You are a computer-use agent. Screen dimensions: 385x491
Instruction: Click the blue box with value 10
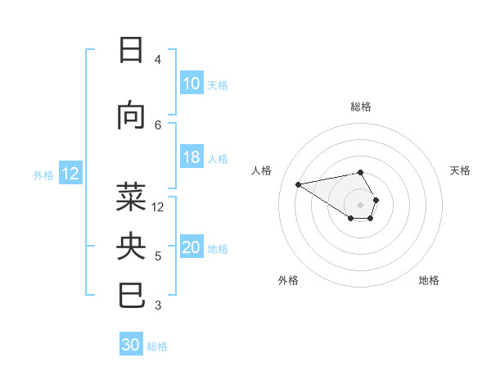click(x=191, y=84)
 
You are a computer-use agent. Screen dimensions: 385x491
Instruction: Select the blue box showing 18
click(x=191, y=157)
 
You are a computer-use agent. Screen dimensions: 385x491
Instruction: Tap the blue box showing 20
click(x=191, y=248)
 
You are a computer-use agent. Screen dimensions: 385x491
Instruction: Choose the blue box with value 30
click(x=131, y=346)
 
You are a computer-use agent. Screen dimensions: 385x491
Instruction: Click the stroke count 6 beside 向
click(x=158, y=125)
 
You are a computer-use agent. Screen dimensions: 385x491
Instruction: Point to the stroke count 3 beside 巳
click(x=158, y=306)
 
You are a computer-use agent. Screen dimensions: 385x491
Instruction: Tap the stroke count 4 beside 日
click(x=158, y=60)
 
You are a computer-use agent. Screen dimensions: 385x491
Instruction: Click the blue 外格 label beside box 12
click(x=43, y=174)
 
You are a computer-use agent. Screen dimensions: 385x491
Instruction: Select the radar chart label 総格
click(x=361, y=106)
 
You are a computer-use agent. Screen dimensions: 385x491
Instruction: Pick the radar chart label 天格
click(x=461, y=170)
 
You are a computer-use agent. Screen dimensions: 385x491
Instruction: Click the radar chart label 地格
click(x=429, y=280)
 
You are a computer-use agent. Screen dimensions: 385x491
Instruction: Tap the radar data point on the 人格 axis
click(x=299, y=183)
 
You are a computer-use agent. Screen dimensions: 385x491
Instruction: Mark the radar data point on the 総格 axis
click(x=361, y=172)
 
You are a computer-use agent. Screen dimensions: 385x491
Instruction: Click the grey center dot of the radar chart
click(x=361, y=205)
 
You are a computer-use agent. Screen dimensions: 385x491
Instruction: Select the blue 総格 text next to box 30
click(x=158, y=346)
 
